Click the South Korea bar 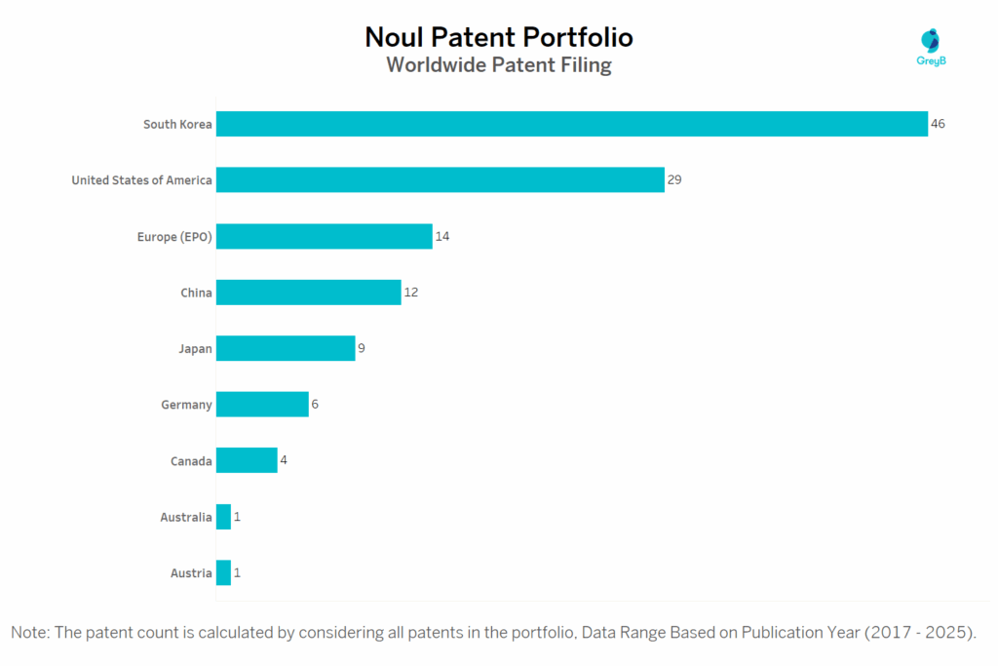click(x=571, y=124)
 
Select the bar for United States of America click(x=440, y=179)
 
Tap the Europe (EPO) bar click(x=324, y=236)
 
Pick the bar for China click(x=308, y=293)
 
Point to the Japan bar click(x=285, y=348)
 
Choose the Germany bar click(x=262, y=404)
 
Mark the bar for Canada click(x=247, y=460)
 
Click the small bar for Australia click(x=223, y=517)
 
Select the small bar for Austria click(x=223, y=572)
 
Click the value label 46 click(x=939, y=124)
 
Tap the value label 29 click(x=674, y=179)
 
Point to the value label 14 click(x=442, y=236)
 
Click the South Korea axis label click(x=177, y=124)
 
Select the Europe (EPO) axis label click(x=174, y=236)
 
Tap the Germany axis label click(x=186, y=405)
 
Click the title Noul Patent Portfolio click(x=499, y=37)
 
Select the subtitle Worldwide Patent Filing click(x=499, y=65)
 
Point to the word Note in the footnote click(x=29, y=632)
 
